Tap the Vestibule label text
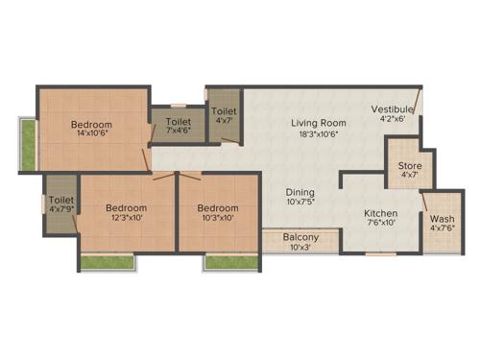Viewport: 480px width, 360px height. click(x=393, y=109)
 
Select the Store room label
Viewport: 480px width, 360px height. click(x=410, y=166)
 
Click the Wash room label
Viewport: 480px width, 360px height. click(x=443, y=217)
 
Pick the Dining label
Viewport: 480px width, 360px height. click(x=300, y=191)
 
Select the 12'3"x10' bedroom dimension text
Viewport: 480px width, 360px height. click(x=126, y=219)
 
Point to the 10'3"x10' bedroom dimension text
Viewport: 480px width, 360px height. click(x=217, y=219)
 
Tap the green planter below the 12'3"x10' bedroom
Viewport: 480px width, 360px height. click(x=106, y=260)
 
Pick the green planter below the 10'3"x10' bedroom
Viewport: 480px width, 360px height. click(x=231, y=260)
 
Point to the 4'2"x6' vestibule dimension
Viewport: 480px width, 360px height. click(x=393, y=121)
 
